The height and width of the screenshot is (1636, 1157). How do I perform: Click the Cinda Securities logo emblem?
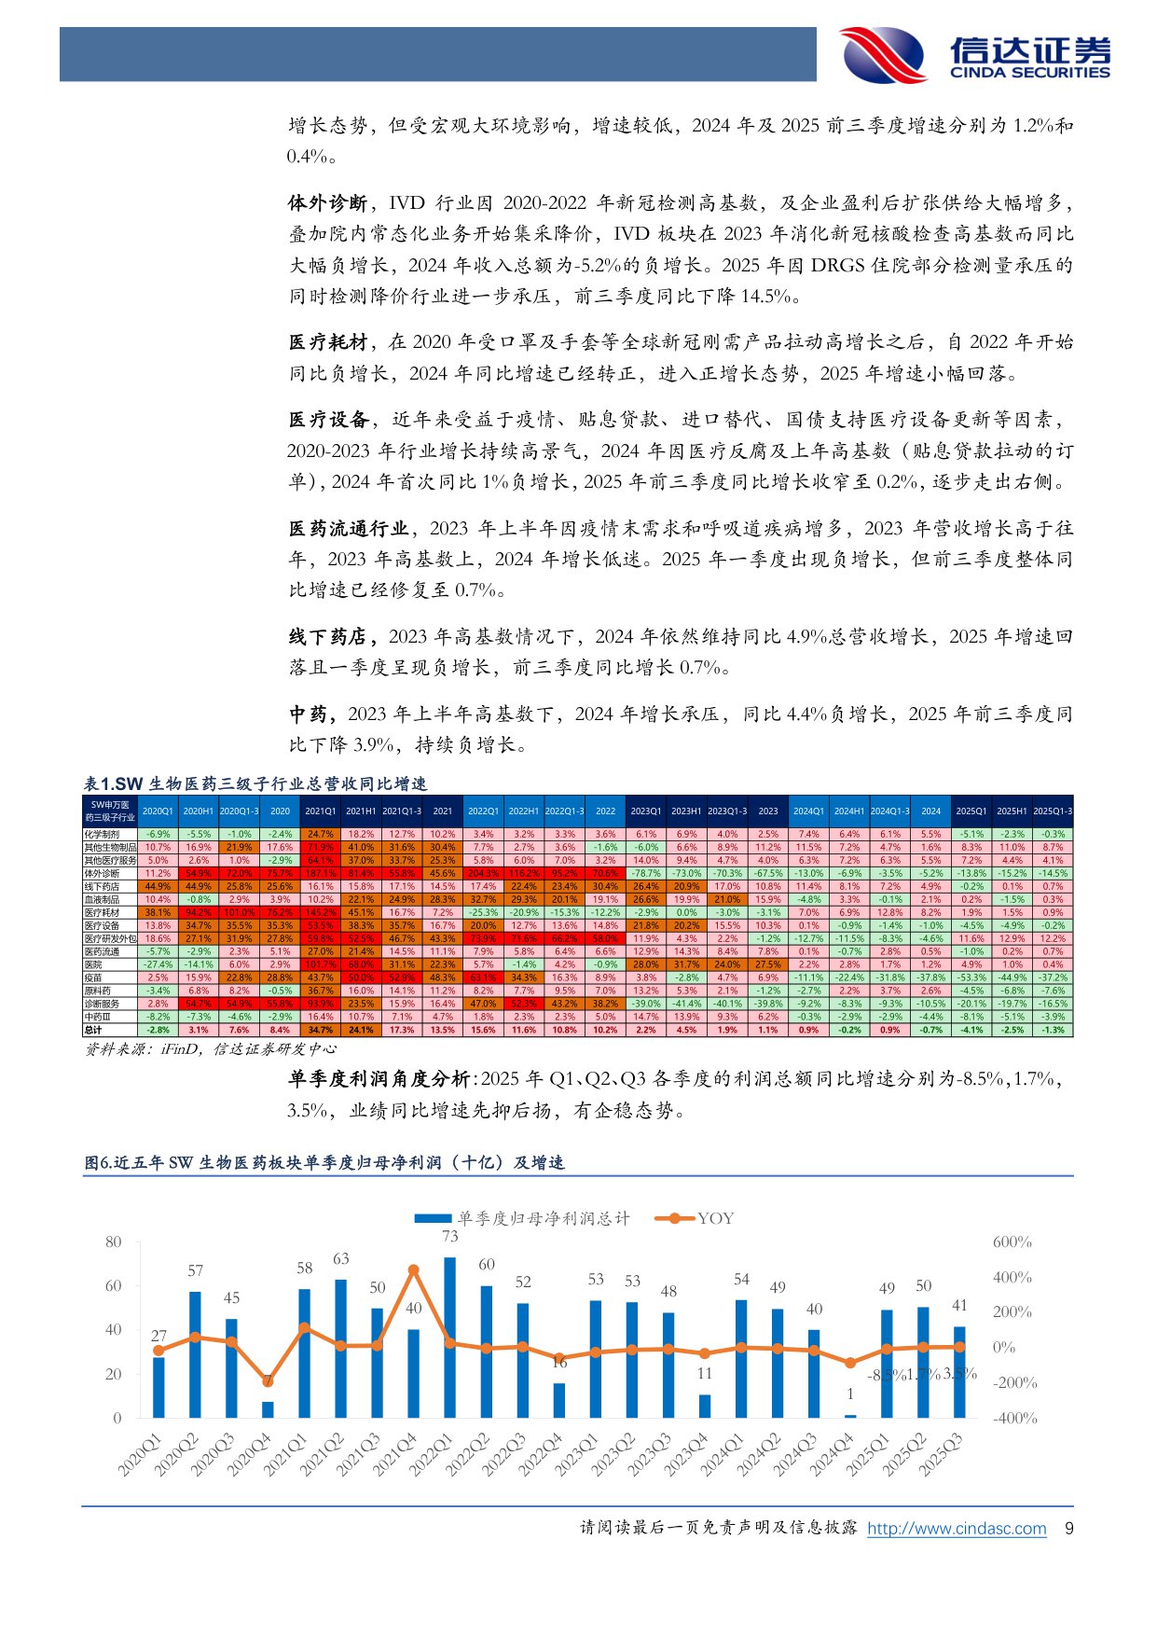[x=881, y=55]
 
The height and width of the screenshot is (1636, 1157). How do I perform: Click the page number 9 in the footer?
[x=1068, y=1528]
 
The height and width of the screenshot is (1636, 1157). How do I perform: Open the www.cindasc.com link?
[x=957, y=1528]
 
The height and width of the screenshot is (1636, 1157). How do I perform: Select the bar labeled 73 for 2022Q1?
[x=450, y=1337]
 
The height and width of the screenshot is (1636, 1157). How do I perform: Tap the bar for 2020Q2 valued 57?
[x=195, y=1354]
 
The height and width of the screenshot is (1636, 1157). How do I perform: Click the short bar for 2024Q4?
[x=849, y=1416]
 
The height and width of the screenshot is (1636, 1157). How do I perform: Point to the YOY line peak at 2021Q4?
[x=414, y=1269]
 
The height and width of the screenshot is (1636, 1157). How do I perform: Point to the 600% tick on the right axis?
[x=1012, y=1242]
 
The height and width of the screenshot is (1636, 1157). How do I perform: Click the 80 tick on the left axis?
[x=113, y=1241]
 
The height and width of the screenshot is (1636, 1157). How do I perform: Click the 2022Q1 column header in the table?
[x=483, y=811]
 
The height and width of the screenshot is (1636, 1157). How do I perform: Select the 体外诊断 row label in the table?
[x=103, y=873]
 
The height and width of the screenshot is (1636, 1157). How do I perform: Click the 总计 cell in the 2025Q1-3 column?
[x=1053, y=1030]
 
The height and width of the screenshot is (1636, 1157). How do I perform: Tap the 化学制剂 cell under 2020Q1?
[x=158, y=834]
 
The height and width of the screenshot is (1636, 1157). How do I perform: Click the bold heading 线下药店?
[x=326, y=637]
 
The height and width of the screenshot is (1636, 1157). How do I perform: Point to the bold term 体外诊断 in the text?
[x=326, y=203]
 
